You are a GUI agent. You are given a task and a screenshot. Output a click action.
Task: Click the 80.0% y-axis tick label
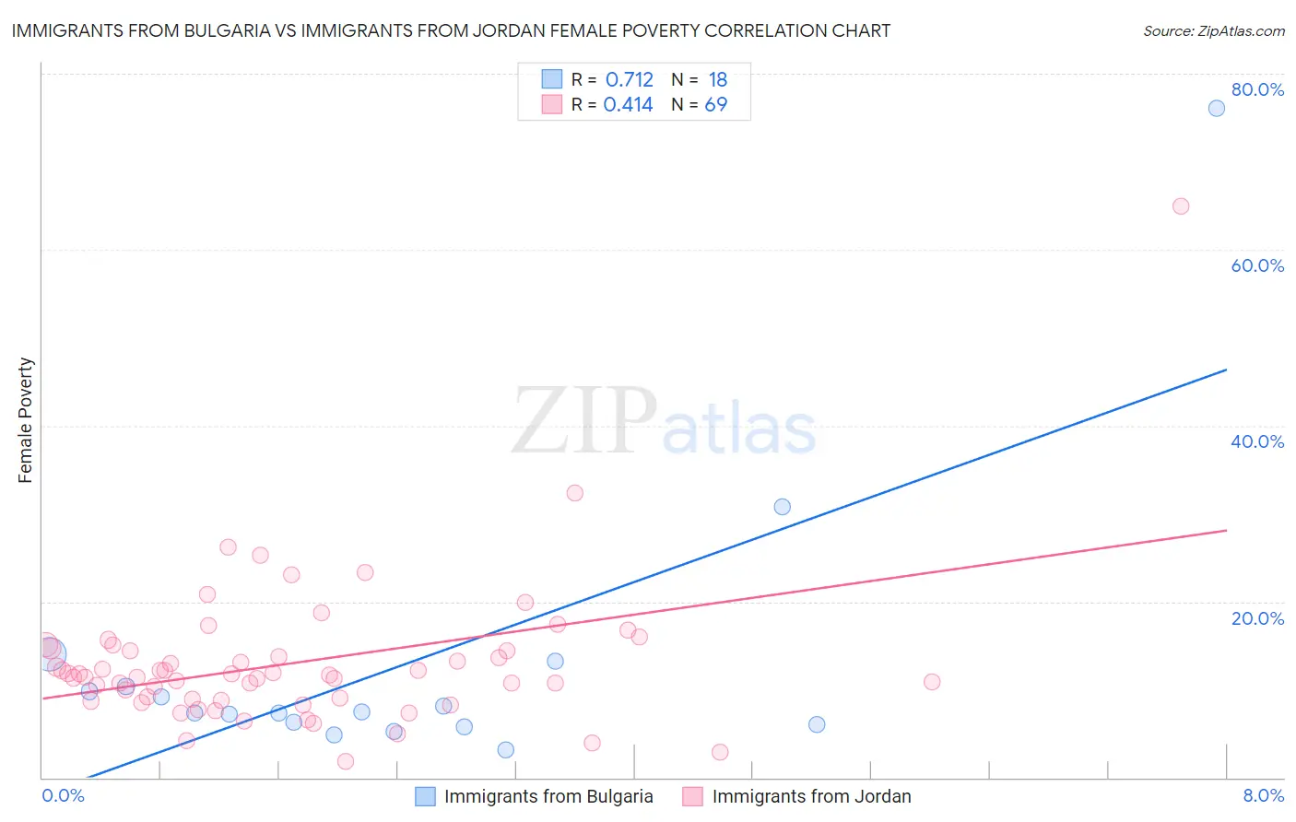click(x=1257, y=89)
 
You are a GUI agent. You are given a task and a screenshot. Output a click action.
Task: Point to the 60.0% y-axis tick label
click(x=1257, y=265)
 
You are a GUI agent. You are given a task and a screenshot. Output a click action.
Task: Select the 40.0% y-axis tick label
click(x=1257, y=441)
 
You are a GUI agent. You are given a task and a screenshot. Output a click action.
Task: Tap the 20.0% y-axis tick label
click(x=1257, y=617)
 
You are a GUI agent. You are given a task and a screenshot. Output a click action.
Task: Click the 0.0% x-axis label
click(x=63, y=795)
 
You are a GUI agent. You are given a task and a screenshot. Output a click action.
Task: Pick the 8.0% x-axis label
click(x=1263, y=795)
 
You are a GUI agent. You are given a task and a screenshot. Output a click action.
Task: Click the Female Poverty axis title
click(x=25, y=420)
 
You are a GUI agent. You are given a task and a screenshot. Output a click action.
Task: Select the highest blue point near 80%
click(x=1217, y=108)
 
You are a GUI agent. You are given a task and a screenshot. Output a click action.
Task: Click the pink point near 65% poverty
click(x=1181, y=206)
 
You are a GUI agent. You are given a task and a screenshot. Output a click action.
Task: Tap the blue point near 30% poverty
click(x=782, y=507)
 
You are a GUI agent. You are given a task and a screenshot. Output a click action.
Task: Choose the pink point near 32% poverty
click(x=575, y=493)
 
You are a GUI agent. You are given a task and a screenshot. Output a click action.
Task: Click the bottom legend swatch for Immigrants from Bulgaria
click(x=425, y=796)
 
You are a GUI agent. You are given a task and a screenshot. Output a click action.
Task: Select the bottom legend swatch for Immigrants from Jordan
click(x=693, y=796)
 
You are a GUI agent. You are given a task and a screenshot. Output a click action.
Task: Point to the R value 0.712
click(x=629, y=79)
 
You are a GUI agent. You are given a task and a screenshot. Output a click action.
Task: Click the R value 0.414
click(x=628, y=104)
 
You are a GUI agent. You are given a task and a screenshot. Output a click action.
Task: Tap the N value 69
click(x=716, y=104)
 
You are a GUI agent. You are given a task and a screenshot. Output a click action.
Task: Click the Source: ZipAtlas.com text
click(x=1213, y=30)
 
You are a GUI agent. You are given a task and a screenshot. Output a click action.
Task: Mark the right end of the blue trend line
click(x=1226, y=370)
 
